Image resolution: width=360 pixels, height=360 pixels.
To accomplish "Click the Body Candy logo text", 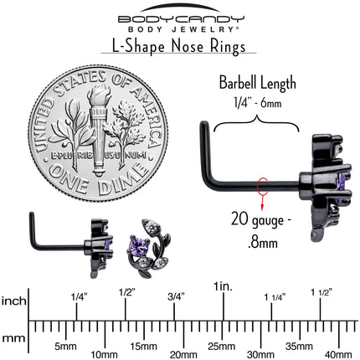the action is coord(181,19).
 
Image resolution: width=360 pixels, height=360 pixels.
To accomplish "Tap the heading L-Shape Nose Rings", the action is coord(178,46).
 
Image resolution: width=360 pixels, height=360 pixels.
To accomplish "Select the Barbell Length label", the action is coord(257,83).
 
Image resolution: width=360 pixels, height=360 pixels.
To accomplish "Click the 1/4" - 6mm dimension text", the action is coord(258,104).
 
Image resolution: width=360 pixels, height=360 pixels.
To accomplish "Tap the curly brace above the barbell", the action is coord(256,124).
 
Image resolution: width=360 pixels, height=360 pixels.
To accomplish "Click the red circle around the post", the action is coord(262,185).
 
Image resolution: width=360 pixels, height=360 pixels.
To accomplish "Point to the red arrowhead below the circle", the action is coord(262,207).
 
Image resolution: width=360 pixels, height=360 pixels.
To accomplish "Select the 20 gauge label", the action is coord(261,220).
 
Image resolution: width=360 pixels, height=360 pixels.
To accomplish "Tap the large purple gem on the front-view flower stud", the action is coord(137,244).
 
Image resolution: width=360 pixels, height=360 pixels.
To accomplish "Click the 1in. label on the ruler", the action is coord(223,286).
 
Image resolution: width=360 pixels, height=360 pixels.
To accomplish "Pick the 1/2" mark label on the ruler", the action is coord(127,292).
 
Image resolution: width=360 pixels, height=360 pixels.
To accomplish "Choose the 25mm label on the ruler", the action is coord(221,347).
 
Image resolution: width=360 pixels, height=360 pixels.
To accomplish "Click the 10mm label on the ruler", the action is coord(104,355).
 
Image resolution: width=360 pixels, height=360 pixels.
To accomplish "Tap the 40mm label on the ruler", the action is coord(338,355).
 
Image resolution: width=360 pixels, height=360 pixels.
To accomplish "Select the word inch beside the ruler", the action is coord(14,301).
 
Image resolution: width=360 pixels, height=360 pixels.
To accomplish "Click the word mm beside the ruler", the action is coord(13,339).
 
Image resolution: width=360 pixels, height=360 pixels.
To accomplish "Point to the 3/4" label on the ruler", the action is coord(176,296).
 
